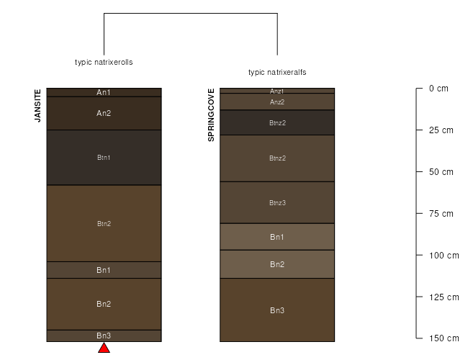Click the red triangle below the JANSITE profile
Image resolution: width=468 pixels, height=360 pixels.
(104, 348)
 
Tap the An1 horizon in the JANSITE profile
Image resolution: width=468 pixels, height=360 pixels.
(104, 92)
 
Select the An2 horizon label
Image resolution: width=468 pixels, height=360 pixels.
(104, 113)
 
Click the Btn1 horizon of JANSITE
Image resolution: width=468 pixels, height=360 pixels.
(104, 157)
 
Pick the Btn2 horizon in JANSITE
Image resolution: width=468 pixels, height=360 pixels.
(104, 223)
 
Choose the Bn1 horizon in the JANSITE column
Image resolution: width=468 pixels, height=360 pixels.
(104, 270)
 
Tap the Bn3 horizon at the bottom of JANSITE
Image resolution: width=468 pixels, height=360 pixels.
(104, 336)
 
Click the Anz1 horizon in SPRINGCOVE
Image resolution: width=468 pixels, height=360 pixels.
(277, 91)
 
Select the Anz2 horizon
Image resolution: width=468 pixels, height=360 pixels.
(277, 102)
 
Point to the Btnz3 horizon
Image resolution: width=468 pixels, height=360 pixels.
(277, 202)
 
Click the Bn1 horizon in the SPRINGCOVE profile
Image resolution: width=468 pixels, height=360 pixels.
(277, 237)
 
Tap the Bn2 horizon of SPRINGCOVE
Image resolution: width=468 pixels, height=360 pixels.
(277, 264)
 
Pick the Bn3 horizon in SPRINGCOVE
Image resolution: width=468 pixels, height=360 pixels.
(277, 310)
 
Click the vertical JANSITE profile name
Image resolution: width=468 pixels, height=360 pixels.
(37, 106)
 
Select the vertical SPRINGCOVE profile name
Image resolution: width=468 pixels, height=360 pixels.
(211, 115)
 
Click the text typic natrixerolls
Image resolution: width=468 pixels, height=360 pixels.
(104, 62)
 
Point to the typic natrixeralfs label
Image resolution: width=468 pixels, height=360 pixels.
(277, 72)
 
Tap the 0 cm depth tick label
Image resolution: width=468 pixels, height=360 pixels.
(438, 89)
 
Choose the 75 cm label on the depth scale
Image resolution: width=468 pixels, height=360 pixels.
(441, 213)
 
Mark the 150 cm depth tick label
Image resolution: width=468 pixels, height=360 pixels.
(444, 338)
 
